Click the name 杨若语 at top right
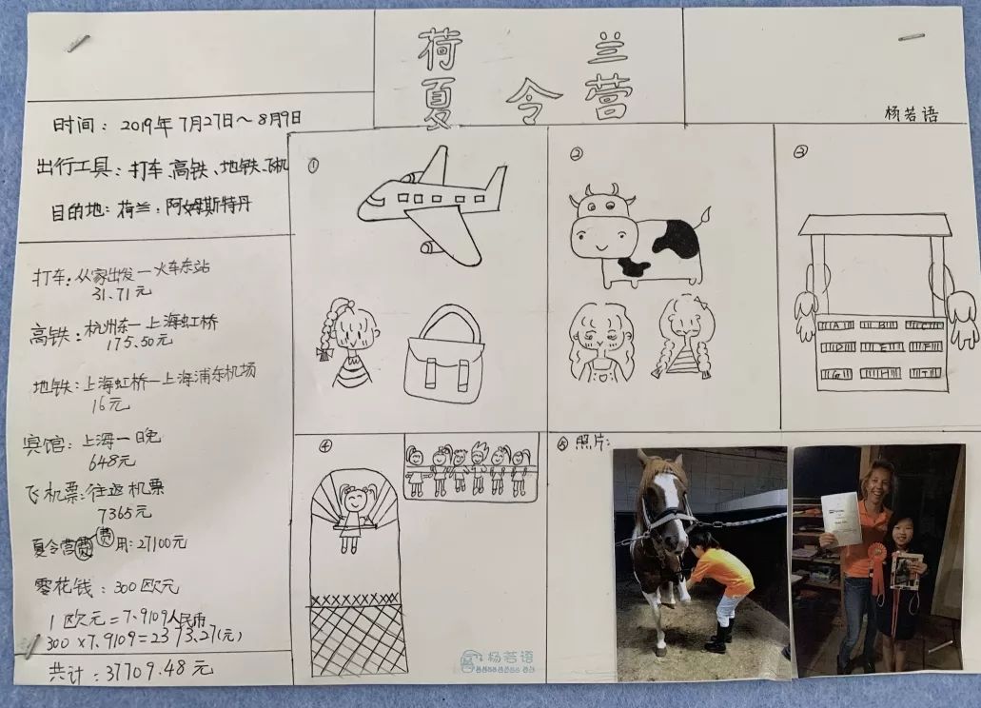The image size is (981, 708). click(911, 115)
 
